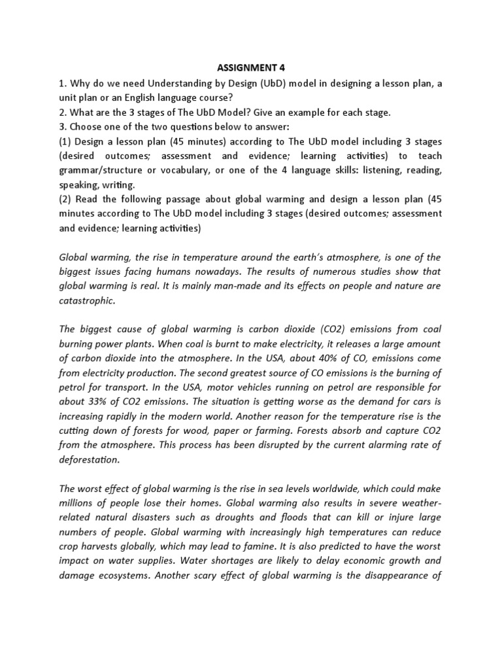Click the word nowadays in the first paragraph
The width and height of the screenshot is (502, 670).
click(x=269, y=271)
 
